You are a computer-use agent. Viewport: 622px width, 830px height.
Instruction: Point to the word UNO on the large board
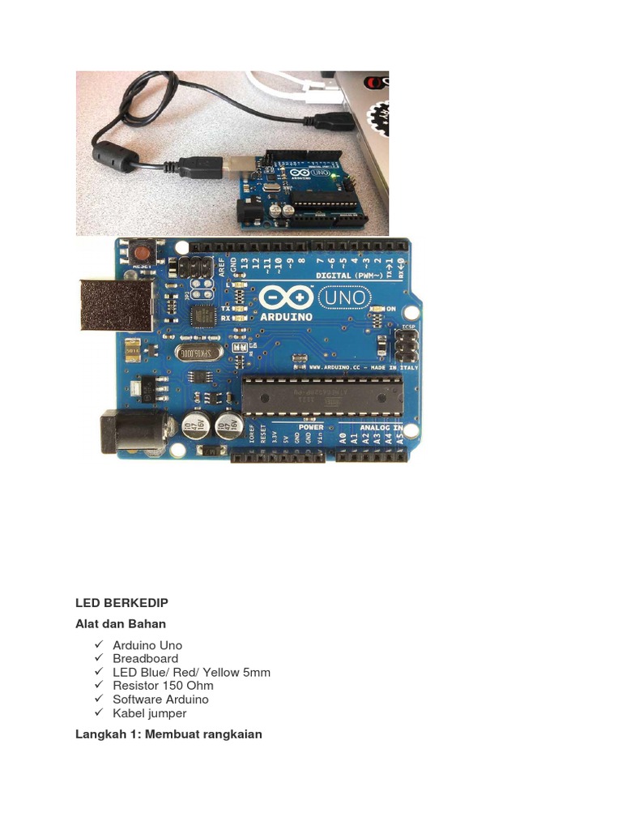pos(343,297)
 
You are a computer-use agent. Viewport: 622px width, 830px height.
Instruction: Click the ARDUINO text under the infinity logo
pos(287,318)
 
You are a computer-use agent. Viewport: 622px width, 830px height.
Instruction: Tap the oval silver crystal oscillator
pos(198,353)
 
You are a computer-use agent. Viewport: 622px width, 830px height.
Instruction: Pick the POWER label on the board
pos(311,427)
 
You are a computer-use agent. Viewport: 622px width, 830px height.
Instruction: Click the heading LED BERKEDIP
pos(121,603)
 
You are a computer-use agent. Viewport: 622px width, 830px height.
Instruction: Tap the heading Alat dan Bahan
pos(121,624)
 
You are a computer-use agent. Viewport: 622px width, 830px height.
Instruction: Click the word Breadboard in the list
pos(145,658)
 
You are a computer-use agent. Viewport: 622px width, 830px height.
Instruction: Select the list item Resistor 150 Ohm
pos(163,686)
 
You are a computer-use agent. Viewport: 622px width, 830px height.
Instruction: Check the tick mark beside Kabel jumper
pos(99,712)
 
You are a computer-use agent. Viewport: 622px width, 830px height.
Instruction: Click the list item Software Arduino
pos(160,700)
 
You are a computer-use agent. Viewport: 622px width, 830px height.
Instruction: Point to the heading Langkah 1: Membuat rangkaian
pos(168,734)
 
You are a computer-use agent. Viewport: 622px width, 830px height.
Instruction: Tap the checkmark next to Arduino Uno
pos(99,644)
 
